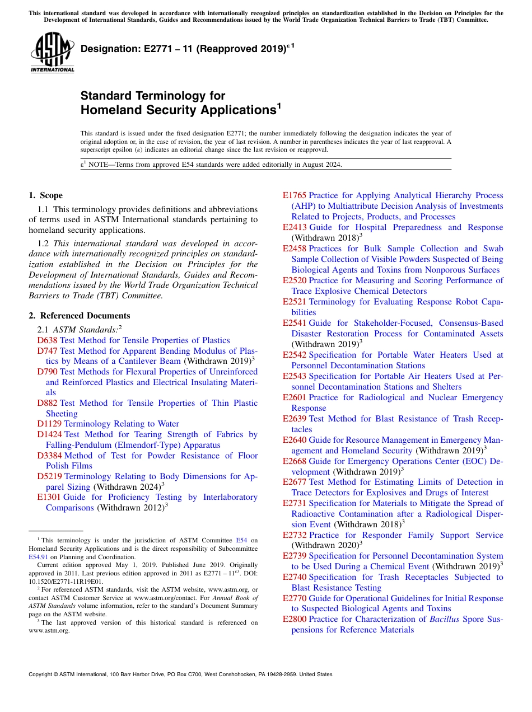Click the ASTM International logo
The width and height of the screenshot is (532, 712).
[53, 53]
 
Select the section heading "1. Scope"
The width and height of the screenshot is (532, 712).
[45, 195]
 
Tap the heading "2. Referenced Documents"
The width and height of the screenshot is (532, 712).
[79, 316]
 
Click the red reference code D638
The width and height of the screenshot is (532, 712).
[47, 340]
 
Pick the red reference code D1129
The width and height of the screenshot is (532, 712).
[49, 424]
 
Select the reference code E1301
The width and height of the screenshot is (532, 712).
[49, 497]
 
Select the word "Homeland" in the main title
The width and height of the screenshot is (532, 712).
[111, 110]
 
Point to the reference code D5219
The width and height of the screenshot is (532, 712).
[49, 476]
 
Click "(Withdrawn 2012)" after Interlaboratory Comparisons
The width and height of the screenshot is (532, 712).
[132, 508]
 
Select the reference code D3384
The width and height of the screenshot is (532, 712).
[49, 456]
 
